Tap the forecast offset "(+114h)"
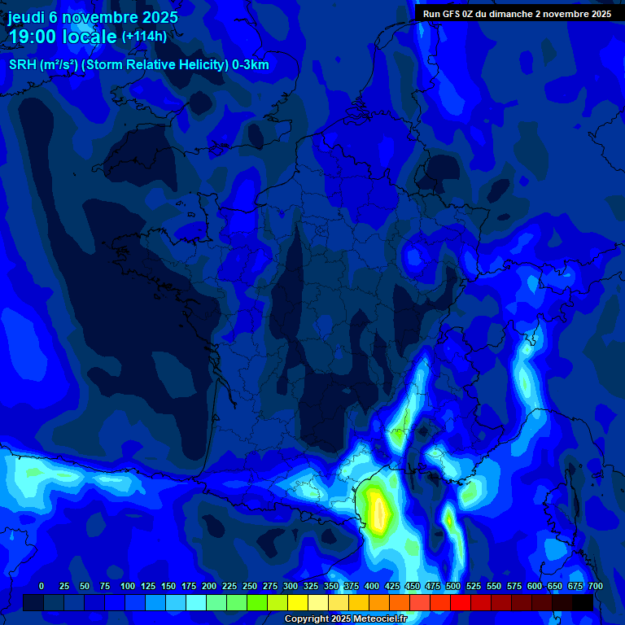pos(144,37)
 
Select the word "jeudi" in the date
pos(27,16)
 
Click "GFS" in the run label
pos(455,14)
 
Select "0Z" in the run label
pos(474,14)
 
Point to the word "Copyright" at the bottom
pos(308,619)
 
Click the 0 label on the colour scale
pos(42,586)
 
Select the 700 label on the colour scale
pos(595,586)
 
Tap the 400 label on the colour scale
pos(372,586)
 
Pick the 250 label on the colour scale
pos(250,586)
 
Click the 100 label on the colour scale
pos(128,586)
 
